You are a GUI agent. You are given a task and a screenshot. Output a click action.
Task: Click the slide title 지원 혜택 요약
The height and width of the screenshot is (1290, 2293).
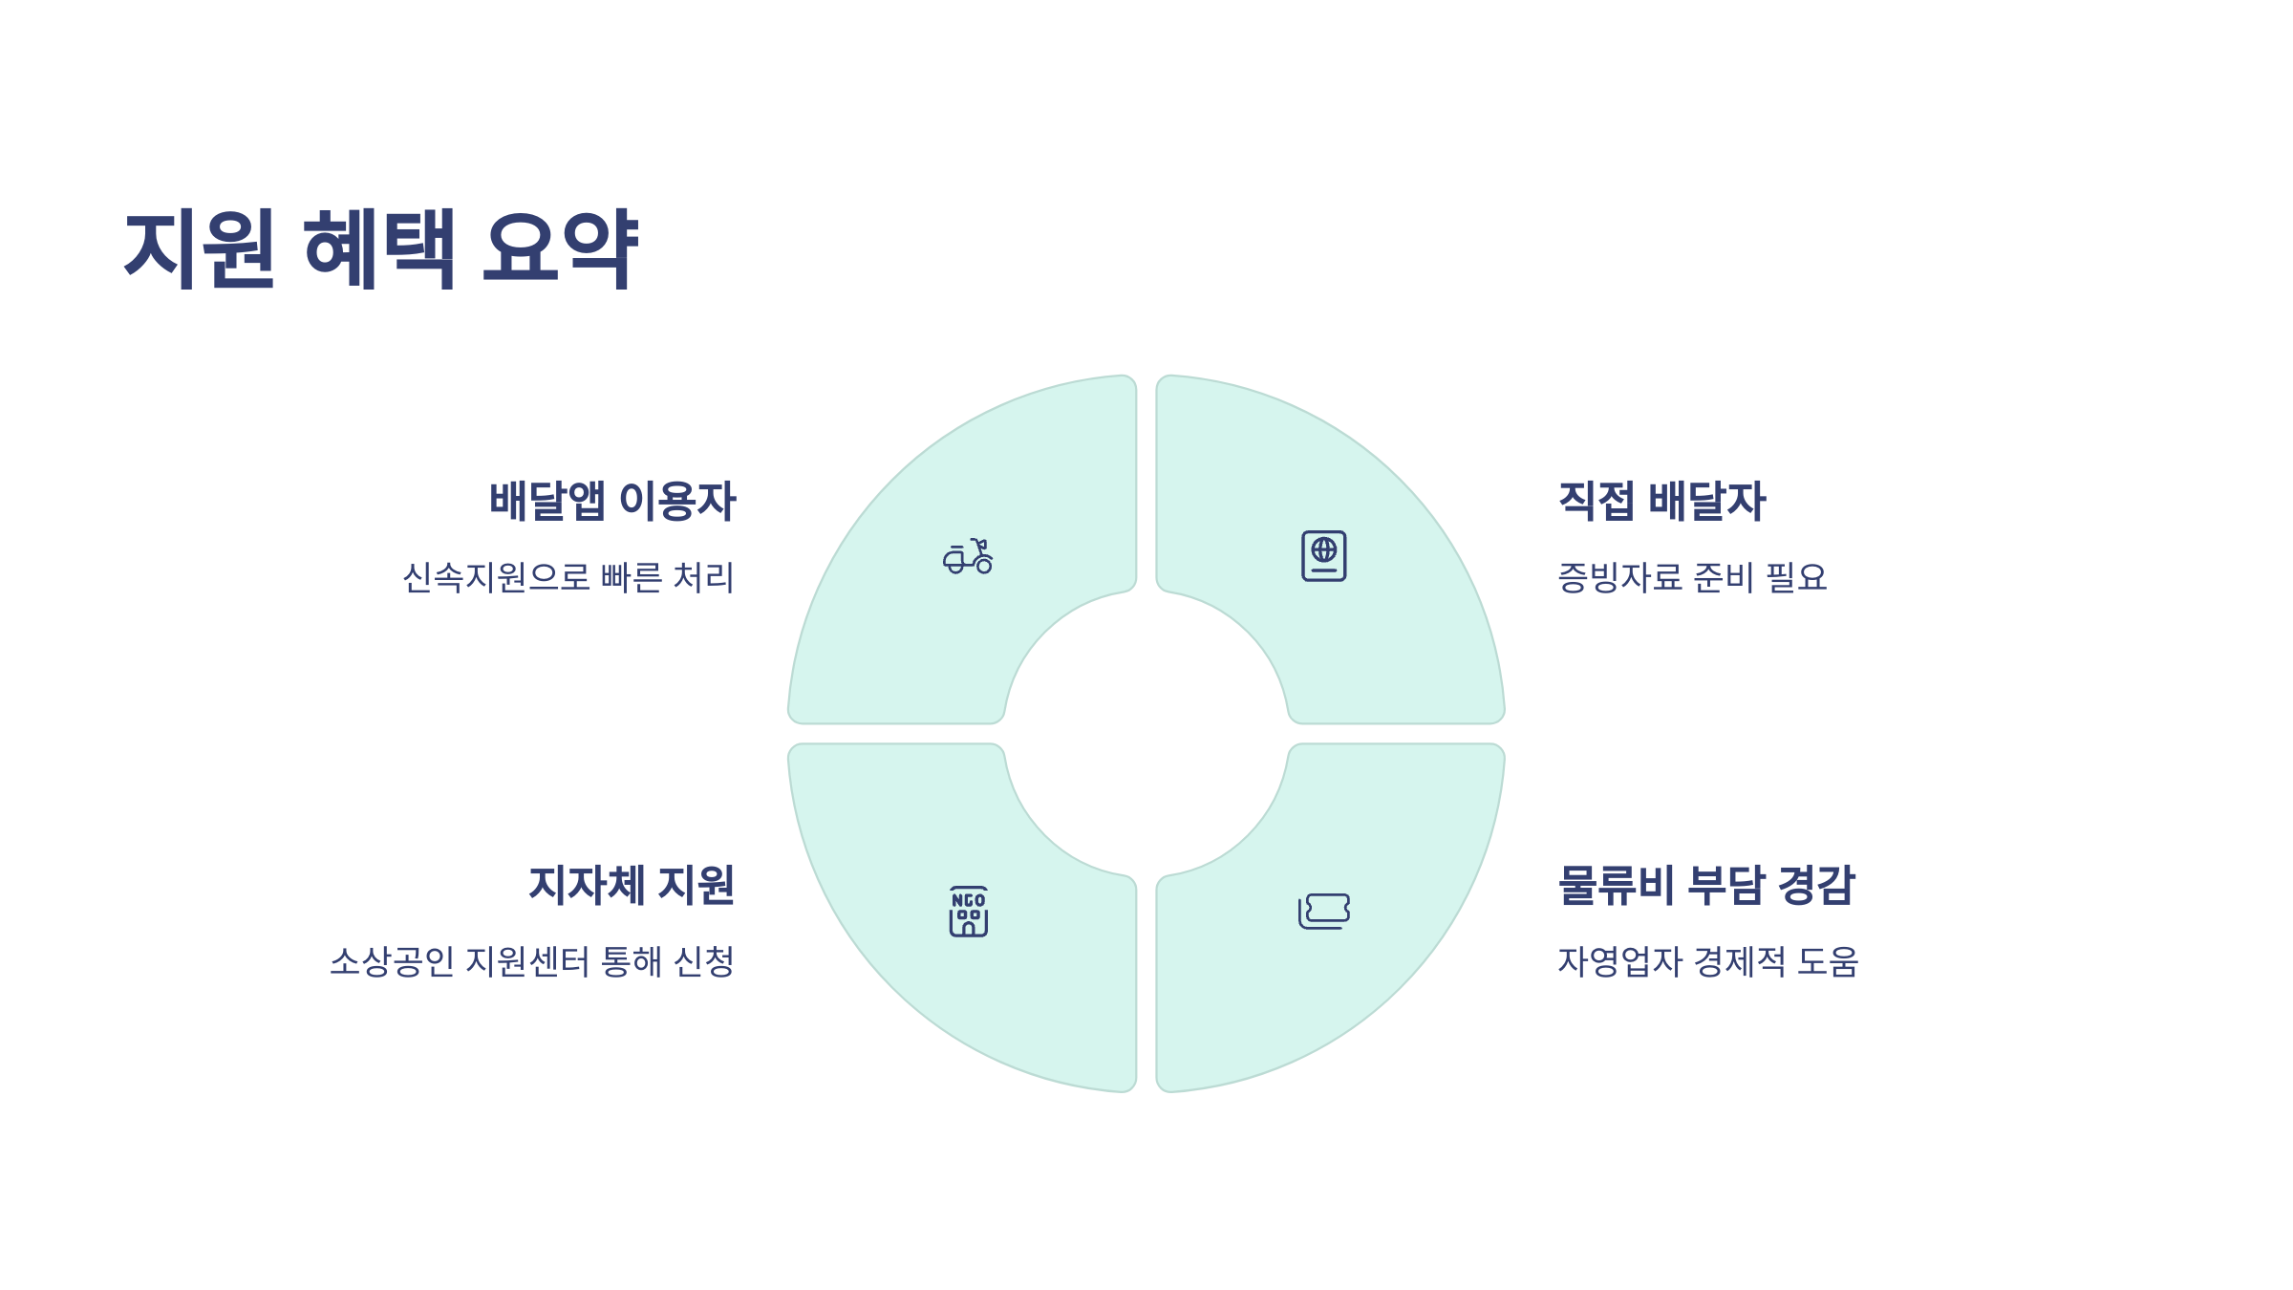(380, 248)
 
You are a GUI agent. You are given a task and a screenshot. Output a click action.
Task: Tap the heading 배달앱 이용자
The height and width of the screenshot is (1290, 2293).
(612, 501)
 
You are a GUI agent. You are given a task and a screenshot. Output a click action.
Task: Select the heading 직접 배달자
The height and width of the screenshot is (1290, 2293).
(1661, 501)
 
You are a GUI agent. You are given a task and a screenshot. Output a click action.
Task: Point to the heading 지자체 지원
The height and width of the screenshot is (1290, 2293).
(632, 885)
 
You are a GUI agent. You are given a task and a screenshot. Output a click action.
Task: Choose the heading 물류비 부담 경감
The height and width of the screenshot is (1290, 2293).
(1706, 885)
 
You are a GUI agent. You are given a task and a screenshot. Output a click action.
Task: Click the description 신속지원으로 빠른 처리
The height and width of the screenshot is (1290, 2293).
(568, 577)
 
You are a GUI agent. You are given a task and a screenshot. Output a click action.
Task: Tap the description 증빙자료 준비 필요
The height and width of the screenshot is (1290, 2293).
(1692, 577)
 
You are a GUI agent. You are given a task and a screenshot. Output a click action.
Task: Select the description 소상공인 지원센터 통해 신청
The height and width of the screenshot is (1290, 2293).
(532, 961)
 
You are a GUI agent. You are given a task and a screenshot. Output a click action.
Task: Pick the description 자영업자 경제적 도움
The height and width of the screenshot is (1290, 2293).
(1708, 961)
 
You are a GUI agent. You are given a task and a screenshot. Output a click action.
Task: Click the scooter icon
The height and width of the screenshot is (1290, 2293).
(968, 556)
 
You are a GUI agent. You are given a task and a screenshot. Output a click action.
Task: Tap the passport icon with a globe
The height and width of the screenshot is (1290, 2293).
(1323, 556)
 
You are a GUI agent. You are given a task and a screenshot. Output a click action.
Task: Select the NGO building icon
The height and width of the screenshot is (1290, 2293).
(968, 912)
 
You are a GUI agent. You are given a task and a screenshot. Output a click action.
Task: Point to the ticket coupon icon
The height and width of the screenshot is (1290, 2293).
(1324, 912)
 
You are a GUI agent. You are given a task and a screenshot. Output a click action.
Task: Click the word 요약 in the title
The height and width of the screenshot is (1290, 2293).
(560, 248)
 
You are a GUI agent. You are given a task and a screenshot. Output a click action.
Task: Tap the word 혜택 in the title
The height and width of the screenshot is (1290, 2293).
(378, 248)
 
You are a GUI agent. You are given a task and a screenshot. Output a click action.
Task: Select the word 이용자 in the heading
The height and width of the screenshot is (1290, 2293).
(677, 501)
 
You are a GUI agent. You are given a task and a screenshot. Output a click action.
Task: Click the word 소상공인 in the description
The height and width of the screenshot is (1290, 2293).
(392, 961)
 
